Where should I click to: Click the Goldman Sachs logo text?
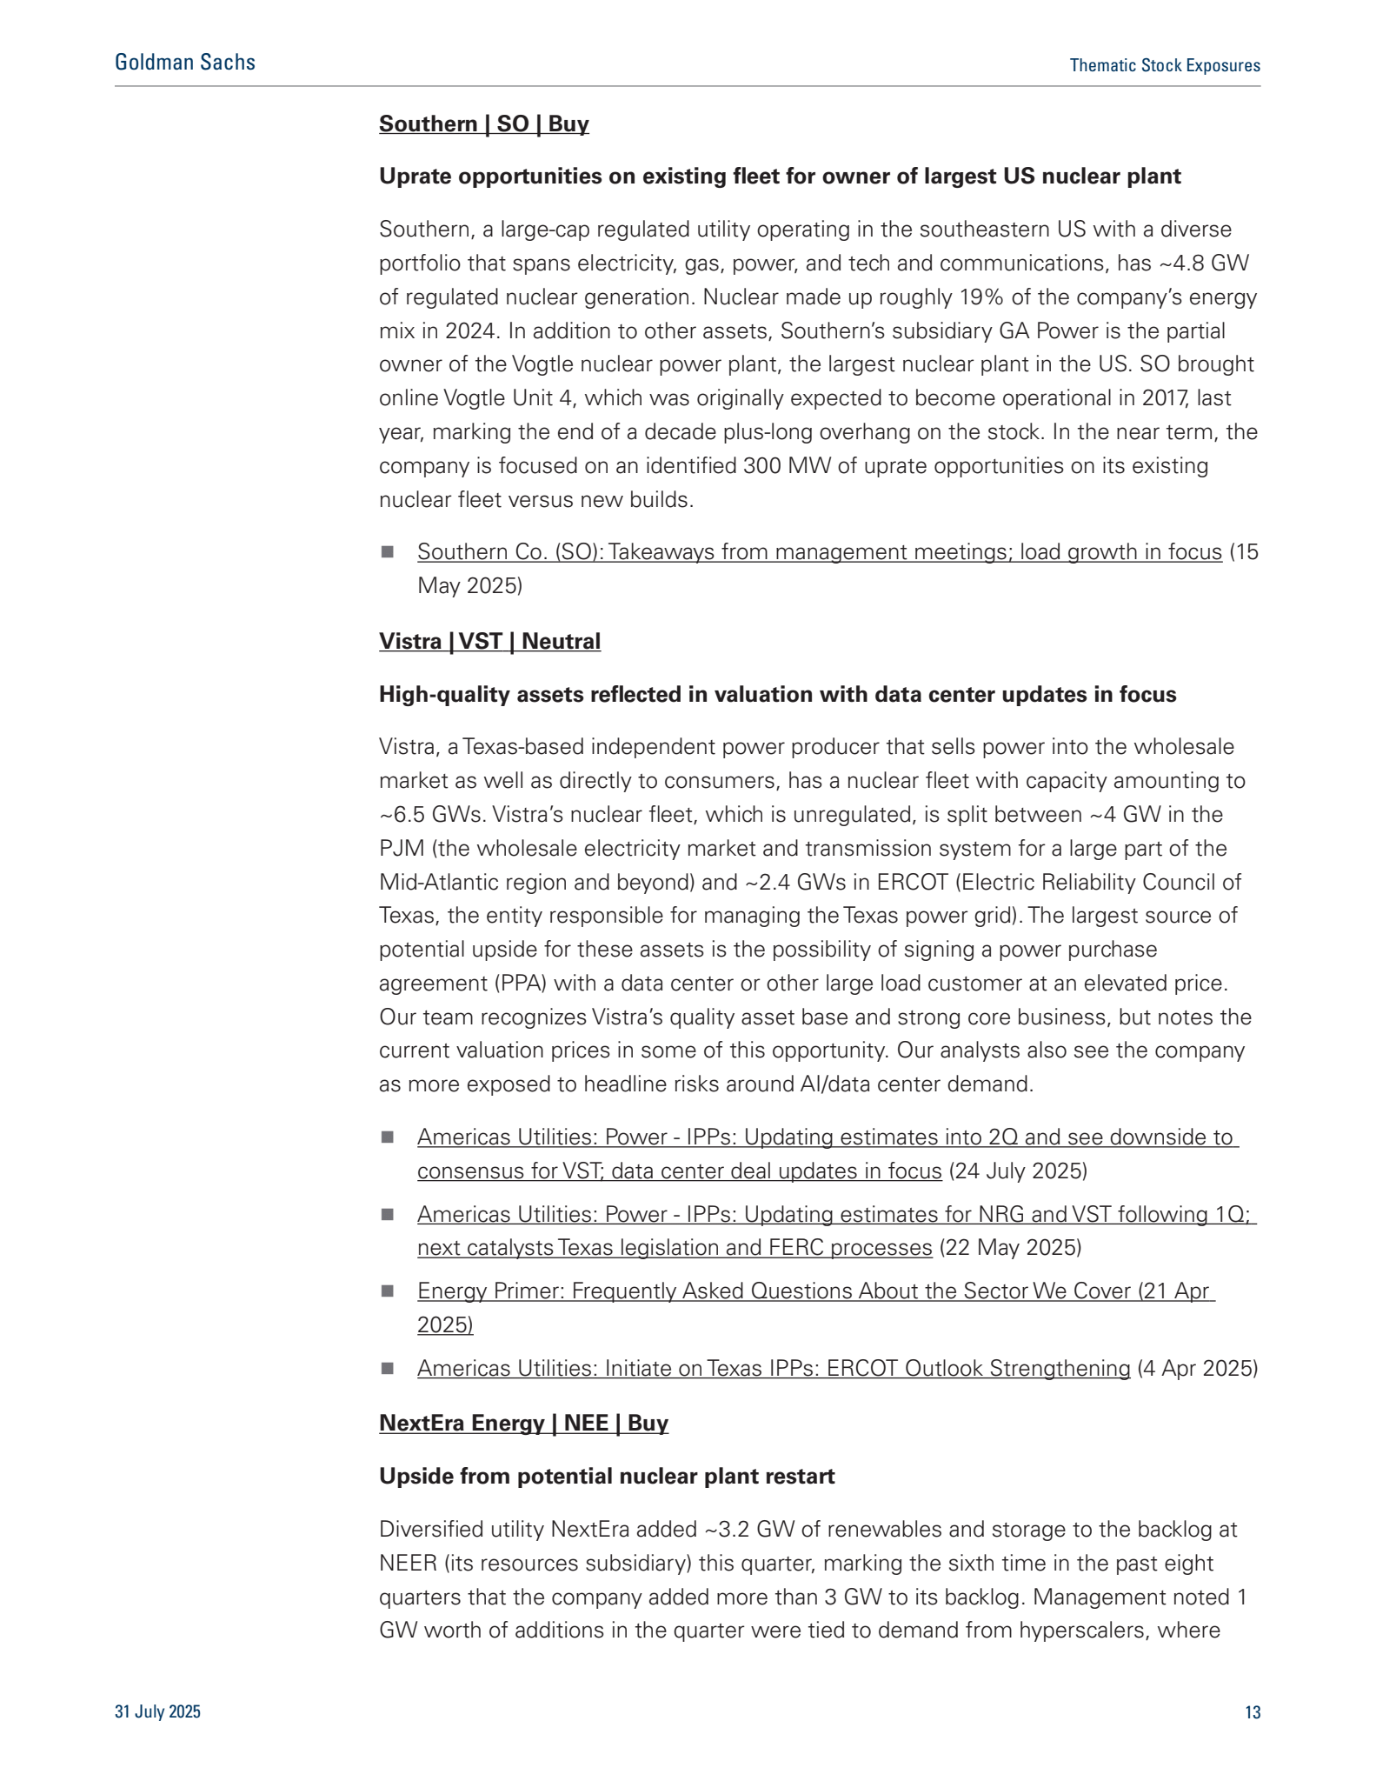[x=185, y=63]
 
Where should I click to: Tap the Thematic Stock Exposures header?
[x=1164, y=66]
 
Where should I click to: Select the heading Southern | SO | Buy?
[x=483, y=124]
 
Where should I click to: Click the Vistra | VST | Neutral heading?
[x=489, y=642]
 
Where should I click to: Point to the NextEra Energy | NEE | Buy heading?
[x=523, y=1424]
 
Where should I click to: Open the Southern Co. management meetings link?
[x=819, y=552]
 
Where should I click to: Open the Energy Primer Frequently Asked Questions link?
[x=815, y=1291]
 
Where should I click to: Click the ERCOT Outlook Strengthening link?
[x=773, y=1369]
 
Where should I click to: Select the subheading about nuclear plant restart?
[x=606, y=1477]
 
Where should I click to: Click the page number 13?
[x=1252, y=1712]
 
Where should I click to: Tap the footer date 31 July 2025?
[x=157, y=1712]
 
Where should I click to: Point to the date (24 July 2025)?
[x=1017, y=1171]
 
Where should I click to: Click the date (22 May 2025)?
[x=1010, y=1248]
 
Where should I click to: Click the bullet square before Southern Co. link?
[x=388, y=552]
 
